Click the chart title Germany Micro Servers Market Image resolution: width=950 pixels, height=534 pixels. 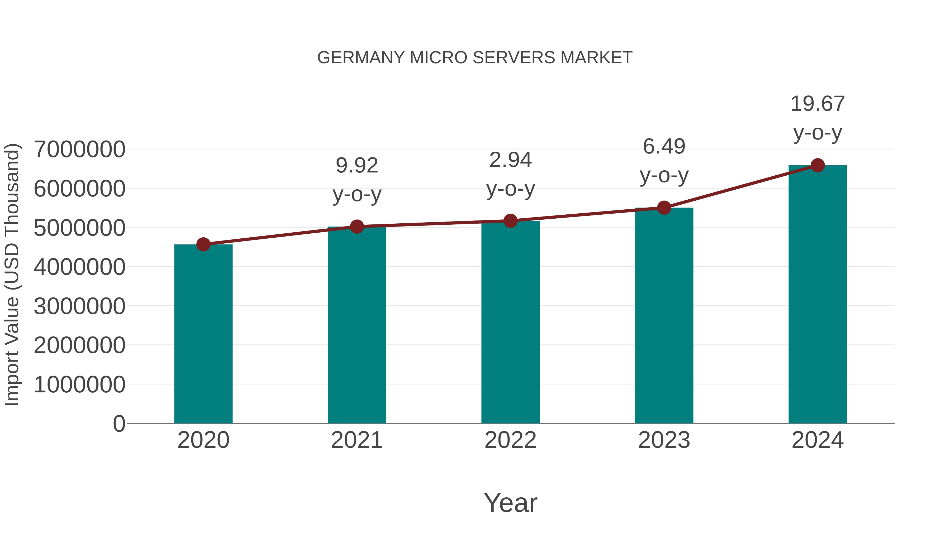[475, 58]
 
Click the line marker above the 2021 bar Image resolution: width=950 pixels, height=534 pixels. [357, 227]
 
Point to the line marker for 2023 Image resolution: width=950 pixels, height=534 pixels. [664, 208]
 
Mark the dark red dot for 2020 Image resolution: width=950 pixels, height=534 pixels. [203, 244]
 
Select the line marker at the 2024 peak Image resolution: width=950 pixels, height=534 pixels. [818, 165]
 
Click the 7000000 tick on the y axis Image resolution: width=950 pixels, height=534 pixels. [79, 150]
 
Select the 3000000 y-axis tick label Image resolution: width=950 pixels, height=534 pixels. [79, 306]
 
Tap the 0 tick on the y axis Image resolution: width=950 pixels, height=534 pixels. [119, 424]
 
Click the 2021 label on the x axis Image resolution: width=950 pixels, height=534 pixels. [357, 440]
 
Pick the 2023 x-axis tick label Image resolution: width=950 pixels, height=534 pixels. [664, 440]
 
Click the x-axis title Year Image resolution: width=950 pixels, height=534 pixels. [510, 503]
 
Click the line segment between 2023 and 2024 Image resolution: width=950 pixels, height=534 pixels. [740, 187]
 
